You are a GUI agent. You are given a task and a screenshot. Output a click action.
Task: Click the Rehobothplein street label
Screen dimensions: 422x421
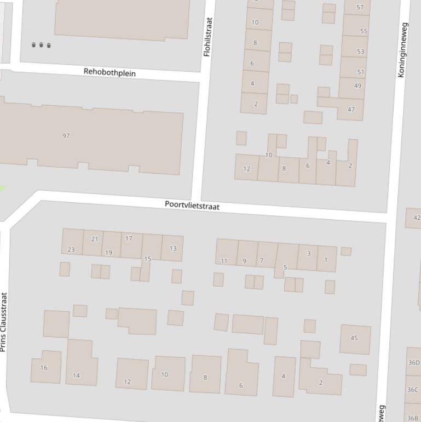click(109, 72)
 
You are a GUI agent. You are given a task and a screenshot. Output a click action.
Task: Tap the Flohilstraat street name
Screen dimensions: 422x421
click(207, 37)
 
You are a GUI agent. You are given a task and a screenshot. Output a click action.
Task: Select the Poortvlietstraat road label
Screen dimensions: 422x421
click(192, 206)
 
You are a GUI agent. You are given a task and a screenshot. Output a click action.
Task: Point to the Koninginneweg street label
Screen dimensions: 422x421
click(402, 50)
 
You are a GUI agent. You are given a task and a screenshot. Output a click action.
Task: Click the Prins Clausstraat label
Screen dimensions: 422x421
click(4, 322)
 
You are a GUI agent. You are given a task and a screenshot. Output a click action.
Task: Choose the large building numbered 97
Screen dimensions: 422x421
click(66, 136)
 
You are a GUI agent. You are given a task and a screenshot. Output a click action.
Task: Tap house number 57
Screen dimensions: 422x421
click(360, 7)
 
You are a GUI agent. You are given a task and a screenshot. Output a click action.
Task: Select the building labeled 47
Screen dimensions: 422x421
click(351, 109)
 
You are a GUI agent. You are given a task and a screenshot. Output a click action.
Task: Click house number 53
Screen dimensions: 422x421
click(360, 52)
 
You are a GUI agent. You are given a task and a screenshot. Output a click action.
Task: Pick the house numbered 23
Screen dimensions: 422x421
click(71, 249)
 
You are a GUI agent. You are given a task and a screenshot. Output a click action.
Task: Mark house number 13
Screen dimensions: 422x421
click(173, 248)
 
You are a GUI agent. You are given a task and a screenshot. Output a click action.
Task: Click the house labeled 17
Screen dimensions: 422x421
click(129, 238)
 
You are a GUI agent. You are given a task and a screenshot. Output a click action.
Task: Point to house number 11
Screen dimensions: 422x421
click(224, 260)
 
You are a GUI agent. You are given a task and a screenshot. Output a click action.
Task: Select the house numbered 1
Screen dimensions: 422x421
click(326, 260)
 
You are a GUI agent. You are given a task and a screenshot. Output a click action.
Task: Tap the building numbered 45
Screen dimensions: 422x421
click(354, 338)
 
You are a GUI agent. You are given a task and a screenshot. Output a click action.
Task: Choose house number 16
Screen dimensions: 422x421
click(44, 368)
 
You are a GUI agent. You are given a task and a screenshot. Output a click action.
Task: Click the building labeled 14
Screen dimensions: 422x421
click(77, 375)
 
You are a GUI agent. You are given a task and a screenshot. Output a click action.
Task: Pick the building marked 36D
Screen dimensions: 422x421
click(413, 363)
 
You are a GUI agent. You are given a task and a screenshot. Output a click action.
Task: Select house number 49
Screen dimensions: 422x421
click(357, 85)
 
